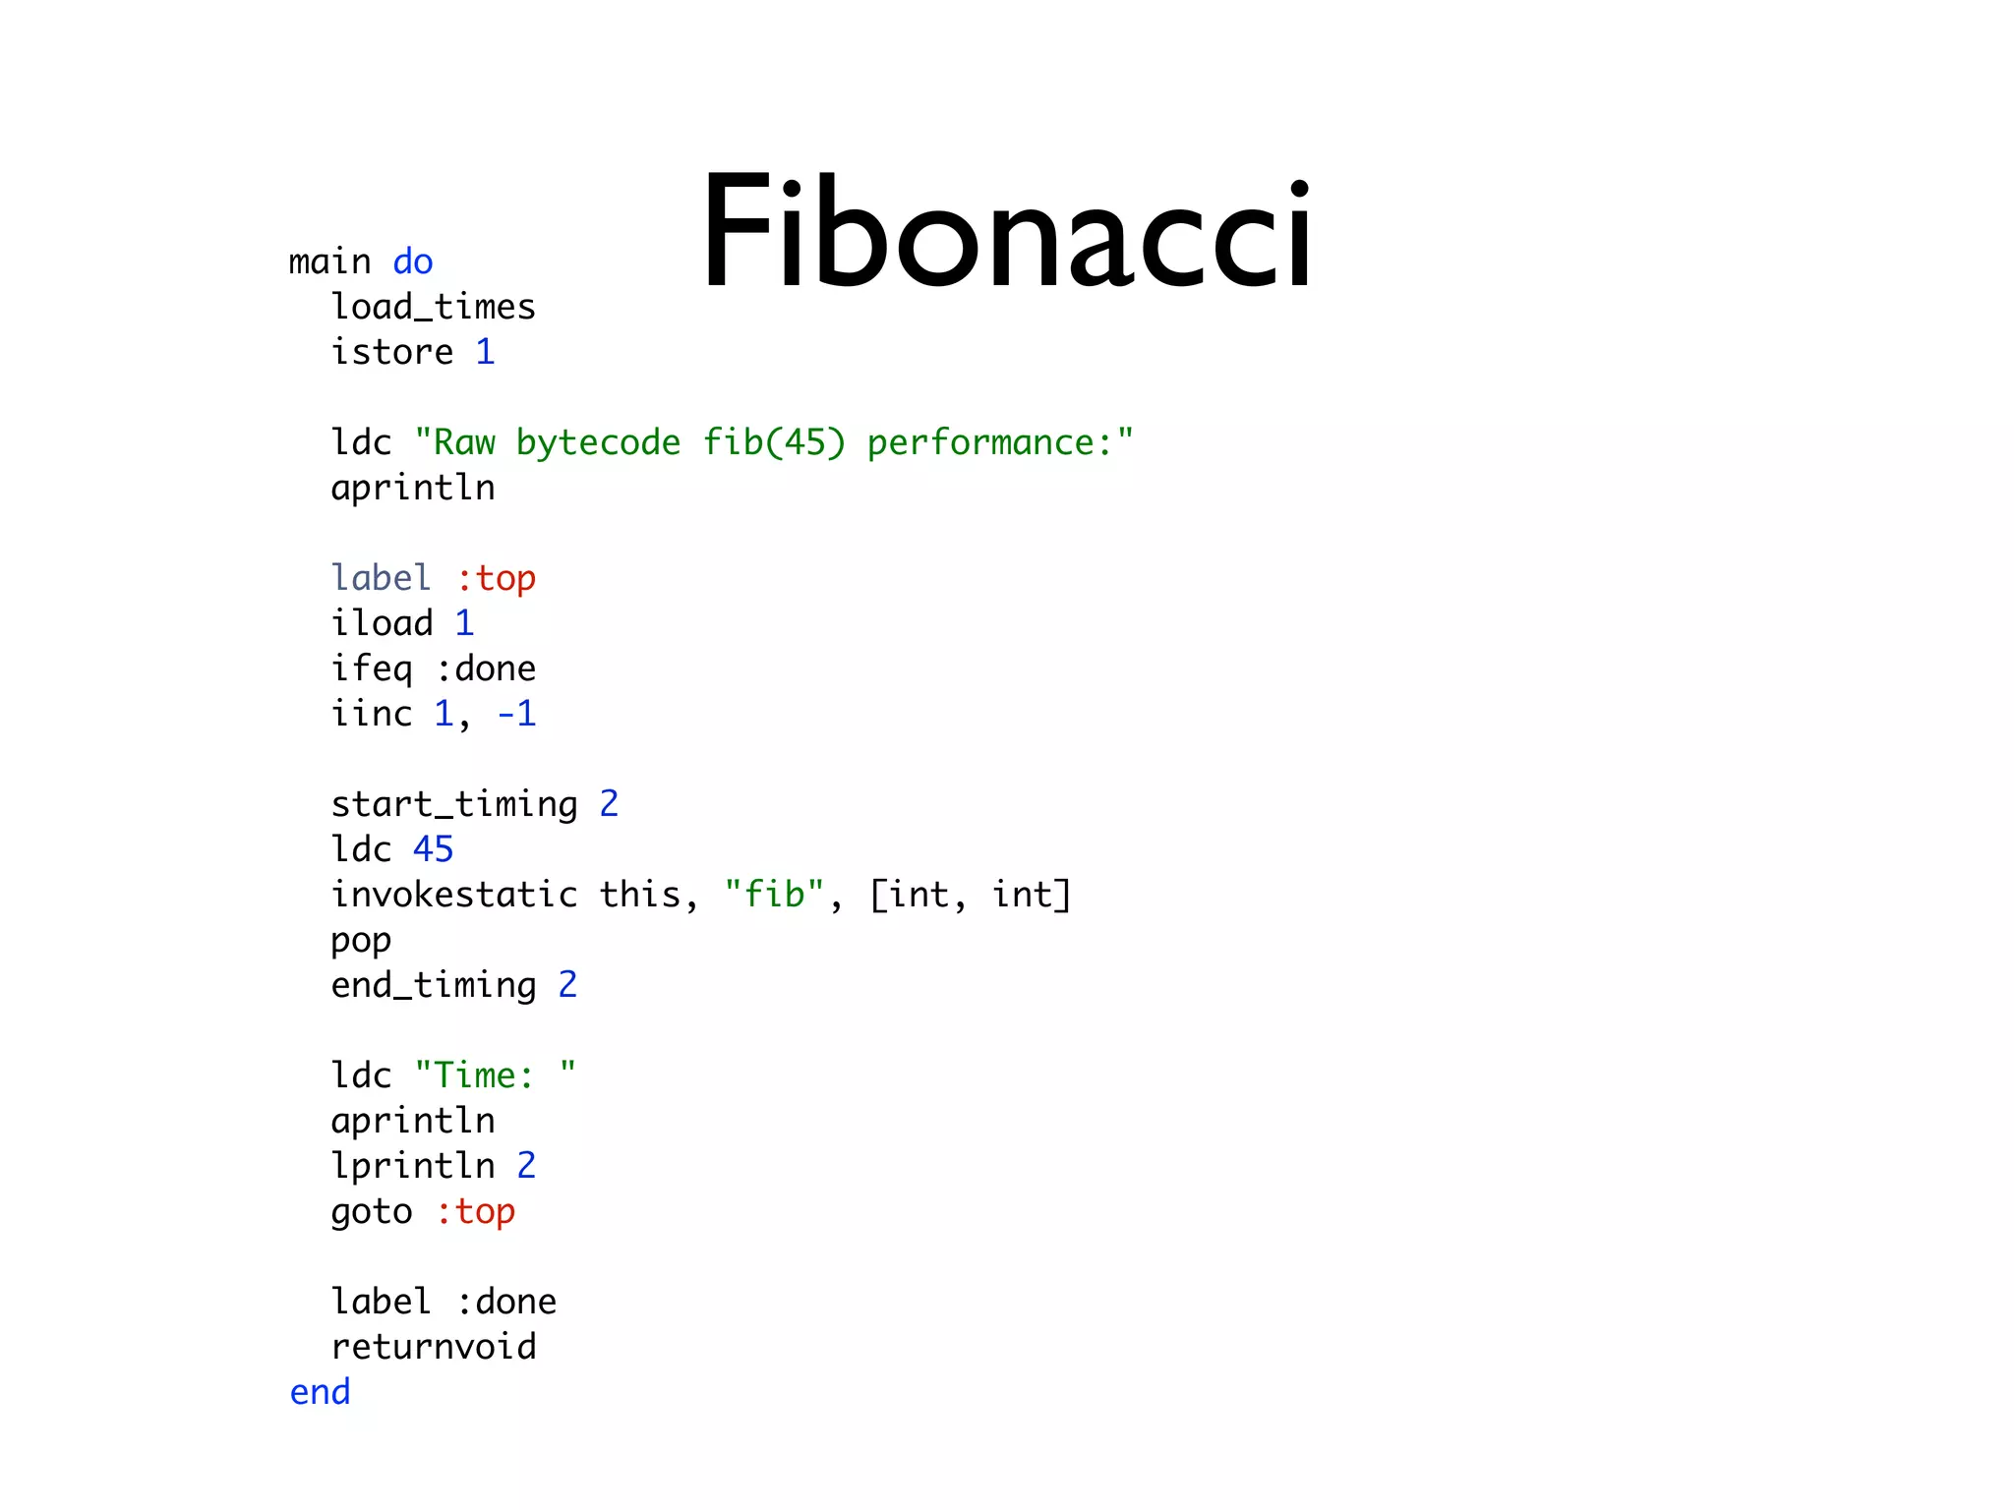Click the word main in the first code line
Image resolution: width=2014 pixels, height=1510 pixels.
(x=329, y=262)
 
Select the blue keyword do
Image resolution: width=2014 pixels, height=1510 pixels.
(x=412, y=262)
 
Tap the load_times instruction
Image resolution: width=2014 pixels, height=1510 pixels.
(x=433, y=308)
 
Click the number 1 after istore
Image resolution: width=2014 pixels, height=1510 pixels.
(x=485, y=352)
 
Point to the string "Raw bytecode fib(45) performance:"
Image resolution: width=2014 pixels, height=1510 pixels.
(x=774, y=442)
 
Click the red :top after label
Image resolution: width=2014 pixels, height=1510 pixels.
(x=496, y=578)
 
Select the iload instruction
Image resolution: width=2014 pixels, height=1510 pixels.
(x=382, y=623)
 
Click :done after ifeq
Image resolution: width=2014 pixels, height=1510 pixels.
(x=486, y=668)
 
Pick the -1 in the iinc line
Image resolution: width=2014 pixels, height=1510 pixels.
(x=516, y=714)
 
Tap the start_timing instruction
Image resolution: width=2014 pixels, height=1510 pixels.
(x=454, y=804)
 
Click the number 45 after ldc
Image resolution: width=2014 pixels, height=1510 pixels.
(x=433, y=849)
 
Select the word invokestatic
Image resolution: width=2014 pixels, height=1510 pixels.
(x=454, y=895)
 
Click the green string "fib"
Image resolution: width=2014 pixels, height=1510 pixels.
(x=774, y=895)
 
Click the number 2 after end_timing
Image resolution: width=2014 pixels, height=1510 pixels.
(x=567, y=985)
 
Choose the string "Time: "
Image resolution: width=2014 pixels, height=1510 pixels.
(x=496, y=1075)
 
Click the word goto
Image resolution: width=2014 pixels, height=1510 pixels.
(x=371, y=1212)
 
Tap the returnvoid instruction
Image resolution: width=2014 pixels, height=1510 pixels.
(x=434, y=1347)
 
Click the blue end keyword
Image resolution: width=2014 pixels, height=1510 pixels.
(x=320, y=1392)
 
